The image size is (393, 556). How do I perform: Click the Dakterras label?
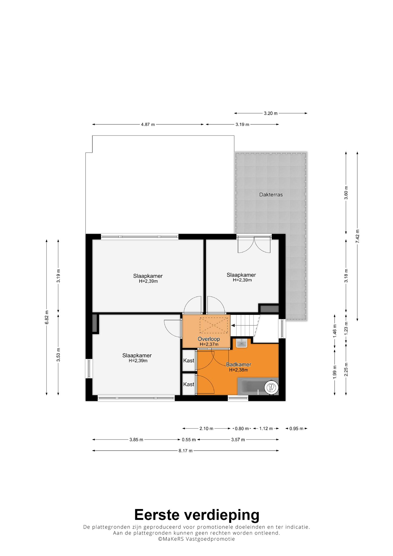pyautogui.click(x=271, y=195)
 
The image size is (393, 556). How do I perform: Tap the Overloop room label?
pyautogui.click(x=209, y=339)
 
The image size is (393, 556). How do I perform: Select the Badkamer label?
pyautogui.click(x=239, y=365)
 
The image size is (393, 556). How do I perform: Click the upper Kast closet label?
pyautogui.click(x=189, y=361)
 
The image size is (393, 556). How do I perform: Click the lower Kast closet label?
pyautogui.click(x=189, y=384)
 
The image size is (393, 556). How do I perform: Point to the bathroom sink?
pyautogui.click(x=241, y=343)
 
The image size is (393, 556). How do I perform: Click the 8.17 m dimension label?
pyautogui.click(x=185, y=451)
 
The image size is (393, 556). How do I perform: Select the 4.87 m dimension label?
pyautogui.click(x=148, y=125)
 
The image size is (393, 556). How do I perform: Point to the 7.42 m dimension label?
pyautogui.click(x=357, y=236)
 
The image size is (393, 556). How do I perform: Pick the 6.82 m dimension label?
pyautogui.click(x=47, y=317)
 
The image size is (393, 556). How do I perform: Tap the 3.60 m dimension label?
pyautogui.click(x=346, y=192)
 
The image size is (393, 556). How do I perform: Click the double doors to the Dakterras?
pyautogui.click(x=254, y=244)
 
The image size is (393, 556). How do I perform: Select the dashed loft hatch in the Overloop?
pyautogui.click(x=213, y=325)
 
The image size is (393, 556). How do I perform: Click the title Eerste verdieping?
pyautogui.click(x=197, y=514)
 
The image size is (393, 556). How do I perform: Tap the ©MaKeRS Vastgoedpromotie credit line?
pyautogui.click(x=196, y=539)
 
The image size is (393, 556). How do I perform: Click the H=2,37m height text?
pyautogui.click(x=209, y=344)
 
